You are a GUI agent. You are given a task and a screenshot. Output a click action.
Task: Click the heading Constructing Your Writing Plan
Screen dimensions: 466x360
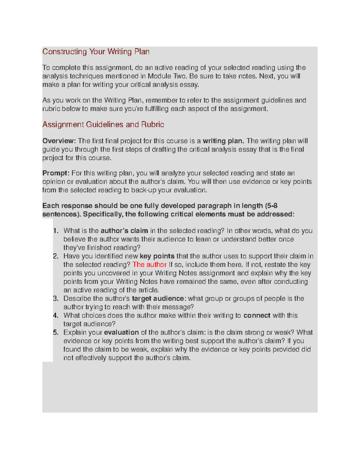point(96,52)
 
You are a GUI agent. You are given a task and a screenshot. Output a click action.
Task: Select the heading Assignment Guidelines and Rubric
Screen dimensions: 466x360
point(103,125)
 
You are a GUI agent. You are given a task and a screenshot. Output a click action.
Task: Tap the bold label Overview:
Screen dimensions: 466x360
point(59,141)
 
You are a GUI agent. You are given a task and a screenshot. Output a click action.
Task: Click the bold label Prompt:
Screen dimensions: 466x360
point(56,173)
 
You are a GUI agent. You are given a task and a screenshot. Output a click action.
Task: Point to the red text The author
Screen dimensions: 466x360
point(149,265)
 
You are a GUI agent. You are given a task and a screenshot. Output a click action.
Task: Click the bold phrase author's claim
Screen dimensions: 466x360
point(124,231)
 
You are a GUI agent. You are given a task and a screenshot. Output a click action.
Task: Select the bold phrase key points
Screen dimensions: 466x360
point(157,256)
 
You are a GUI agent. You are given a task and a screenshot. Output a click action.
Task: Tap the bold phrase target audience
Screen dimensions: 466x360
point(158,299)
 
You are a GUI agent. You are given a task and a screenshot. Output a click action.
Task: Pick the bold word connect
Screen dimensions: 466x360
point(257,316)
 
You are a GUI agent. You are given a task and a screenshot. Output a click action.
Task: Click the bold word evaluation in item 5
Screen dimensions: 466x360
point(121,332)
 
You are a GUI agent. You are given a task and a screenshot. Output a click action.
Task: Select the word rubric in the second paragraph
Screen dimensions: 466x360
point(51,109)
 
